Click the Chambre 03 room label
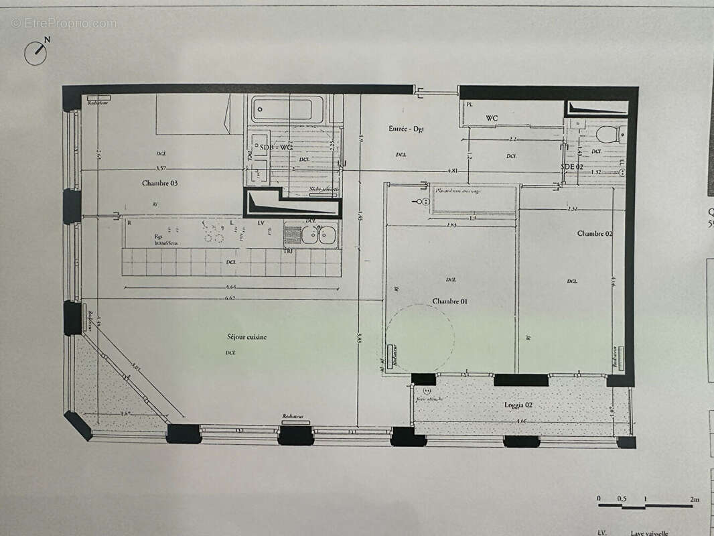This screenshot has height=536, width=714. click(159, 183)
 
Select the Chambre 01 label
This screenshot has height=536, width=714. click(449, 301)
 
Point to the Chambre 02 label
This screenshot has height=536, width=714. click(595, 233)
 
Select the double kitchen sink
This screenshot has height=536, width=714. click(318, 234)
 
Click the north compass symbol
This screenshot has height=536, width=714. click(36, 52)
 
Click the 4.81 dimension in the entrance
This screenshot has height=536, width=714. click(453, 171)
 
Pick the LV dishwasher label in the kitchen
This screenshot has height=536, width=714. click(261, 222)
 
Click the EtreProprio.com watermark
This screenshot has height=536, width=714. click(64, 23)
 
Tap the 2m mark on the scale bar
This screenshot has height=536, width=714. click(694, 499)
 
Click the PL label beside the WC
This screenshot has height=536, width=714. click(470, 105)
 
